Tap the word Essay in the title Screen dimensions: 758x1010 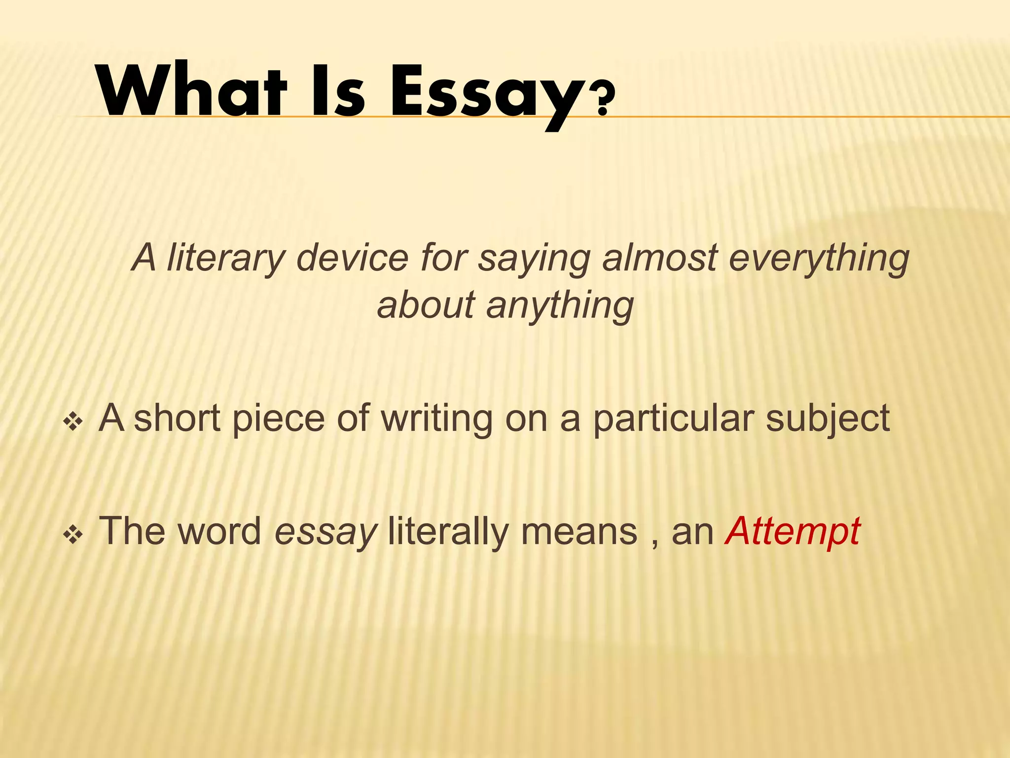(x=486, y=94)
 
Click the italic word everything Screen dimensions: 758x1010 (x=819, y=259)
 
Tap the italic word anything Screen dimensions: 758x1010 (x=560, y=306)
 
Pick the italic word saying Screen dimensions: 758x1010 (x=534, y=260)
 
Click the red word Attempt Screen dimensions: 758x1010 (x=793, y=532)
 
